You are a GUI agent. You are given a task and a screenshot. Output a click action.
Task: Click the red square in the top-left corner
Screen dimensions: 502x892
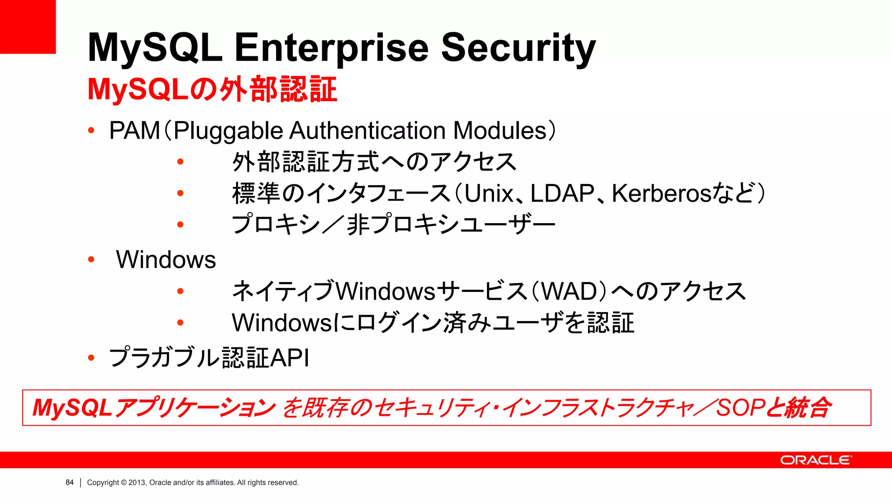[27, 26]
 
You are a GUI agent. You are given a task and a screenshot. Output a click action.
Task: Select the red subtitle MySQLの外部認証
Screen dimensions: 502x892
[212, 90]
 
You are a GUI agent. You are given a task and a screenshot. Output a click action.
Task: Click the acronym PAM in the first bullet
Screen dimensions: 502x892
[135, 131]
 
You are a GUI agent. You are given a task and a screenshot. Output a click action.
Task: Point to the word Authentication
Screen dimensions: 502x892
[368, 131]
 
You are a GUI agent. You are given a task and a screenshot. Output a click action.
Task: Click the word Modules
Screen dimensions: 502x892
[500, 131]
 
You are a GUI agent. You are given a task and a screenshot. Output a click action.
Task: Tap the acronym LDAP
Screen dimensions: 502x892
[562, 193]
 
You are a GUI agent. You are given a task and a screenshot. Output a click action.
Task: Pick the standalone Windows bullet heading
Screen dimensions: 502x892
[166, 260]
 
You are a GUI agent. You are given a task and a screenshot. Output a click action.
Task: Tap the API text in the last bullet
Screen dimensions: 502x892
[290, 358]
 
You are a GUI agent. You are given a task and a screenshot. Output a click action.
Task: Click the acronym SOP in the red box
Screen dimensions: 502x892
[740, 408]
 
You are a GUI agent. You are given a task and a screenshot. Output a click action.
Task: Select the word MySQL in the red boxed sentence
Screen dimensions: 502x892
[72, 408]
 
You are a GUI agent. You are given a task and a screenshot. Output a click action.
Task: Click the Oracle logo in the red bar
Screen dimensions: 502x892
[815, 460]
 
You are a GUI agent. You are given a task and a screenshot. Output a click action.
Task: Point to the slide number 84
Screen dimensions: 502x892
[70, 482]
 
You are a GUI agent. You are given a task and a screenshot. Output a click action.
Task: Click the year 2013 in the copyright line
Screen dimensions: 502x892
[137, 482]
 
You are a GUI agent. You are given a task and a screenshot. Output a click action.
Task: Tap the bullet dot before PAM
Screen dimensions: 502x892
[91, 130]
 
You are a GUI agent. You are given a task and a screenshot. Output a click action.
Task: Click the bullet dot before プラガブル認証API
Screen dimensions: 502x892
[91, 358]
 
